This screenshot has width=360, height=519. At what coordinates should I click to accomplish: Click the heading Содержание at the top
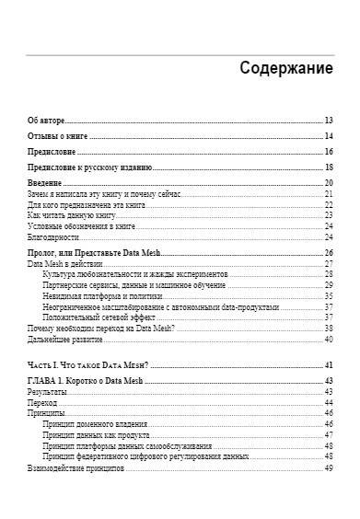point(285,68)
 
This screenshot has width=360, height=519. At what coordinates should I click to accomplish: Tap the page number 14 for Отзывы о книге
point(328,136)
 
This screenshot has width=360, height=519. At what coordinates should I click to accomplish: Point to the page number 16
point(328,152)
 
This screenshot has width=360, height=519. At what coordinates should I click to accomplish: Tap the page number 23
point(328,214)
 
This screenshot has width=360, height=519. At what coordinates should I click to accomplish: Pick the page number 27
point(328,264)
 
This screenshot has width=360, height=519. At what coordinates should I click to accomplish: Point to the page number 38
point(328,328)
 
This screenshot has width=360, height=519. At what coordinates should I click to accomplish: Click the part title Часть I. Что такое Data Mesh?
point(83,366)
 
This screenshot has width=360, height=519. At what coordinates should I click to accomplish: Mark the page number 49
point(328,467)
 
